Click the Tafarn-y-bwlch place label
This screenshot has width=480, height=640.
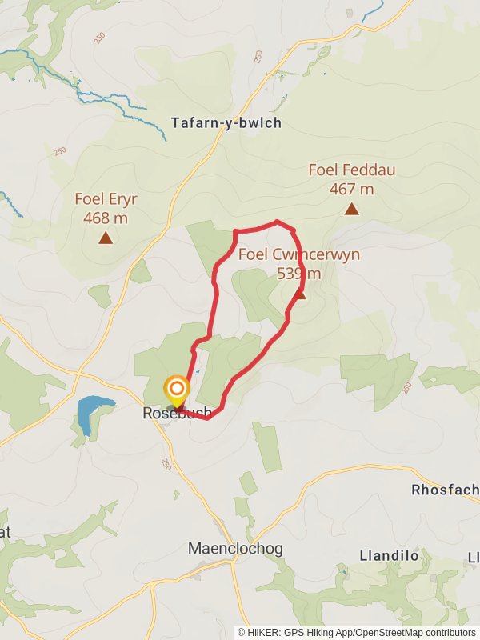(226, 123)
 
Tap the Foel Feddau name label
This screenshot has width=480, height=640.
(351, 170)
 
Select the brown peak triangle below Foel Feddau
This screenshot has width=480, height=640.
(351, 210)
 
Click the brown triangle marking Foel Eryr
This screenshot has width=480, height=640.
(105, 238)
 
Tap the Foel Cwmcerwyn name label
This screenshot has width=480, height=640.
(299, 255)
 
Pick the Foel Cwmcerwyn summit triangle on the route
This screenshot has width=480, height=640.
(299, 294)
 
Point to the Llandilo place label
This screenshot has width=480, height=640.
(390, 555)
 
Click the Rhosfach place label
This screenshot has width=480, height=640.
(445, 490)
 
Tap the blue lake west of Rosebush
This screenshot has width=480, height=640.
(90, 412)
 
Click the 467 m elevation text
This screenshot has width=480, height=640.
(351, 190)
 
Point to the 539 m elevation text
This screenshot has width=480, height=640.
(298, 274)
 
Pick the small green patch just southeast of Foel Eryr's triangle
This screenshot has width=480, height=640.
(140, 272)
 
